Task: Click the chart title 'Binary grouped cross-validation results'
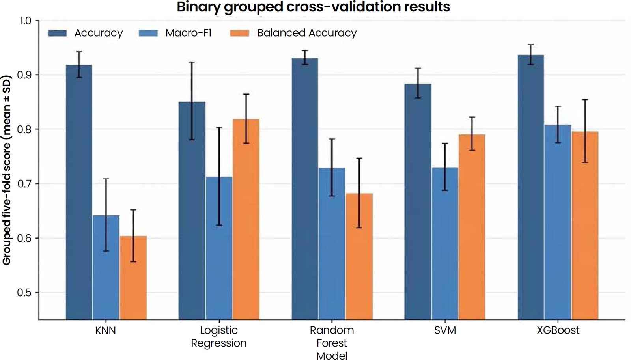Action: click(x=313, y=7)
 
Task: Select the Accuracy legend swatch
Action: click(x=57, y=33)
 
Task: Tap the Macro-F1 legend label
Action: click(x=189, y=33)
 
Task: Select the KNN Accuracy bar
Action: click(x=79, y=192)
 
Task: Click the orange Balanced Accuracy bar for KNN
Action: click(x=133, y=278)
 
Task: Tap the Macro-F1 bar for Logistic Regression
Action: click(x=219, y=248)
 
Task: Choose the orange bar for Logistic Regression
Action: click(x=246, y=219)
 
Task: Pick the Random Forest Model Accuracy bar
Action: click(x=305, y=189)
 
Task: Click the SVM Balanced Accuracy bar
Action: click(x=472, y=227)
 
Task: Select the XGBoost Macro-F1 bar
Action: click(x=558, y=222)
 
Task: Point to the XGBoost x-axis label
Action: click(x=558, y=330)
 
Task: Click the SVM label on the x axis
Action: click(x=445, y=330)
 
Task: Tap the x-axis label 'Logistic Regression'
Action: click(x=219, y=337)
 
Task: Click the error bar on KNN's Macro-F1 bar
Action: click(x=106, y=215)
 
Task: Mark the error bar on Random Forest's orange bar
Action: click(x=359, y=193)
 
